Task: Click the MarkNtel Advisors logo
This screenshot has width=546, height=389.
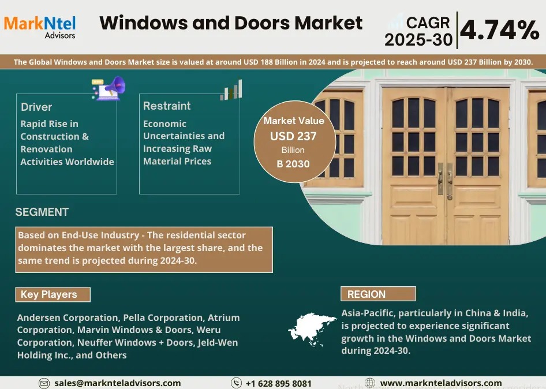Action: pos(40,25)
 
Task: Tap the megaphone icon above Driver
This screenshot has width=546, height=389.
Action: pos(109,88)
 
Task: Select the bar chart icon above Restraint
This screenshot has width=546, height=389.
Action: pos(231,90)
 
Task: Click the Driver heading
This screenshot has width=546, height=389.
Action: pos(36,107)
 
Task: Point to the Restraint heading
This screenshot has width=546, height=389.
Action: pos(167,106)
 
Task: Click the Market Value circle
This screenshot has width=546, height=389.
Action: pos(293,142)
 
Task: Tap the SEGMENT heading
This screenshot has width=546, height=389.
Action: pos(42,212)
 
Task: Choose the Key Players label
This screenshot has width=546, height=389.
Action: pos(53,294)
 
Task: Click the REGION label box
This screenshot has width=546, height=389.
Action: pos(378,294)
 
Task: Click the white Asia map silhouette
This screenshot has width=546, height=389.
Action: pos(312,329)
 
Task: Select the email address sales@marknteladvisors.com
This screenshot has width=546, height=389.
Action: pos(117,383)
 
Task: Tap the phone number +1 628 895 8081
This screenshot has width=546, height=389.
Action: pos(279,383)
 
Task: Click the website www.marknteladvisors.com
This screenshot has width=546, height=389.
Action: pos(441,383)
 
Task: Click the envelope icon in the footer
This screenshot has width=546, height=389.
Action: pos(44,383)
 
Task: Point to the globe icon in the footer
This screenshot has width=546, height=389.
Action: pos(370,383)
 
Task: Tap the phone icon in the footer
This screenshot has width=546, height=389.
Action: pos(236,383)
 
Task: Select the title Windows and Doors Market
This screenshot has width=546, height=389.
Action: pos(231,23)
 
